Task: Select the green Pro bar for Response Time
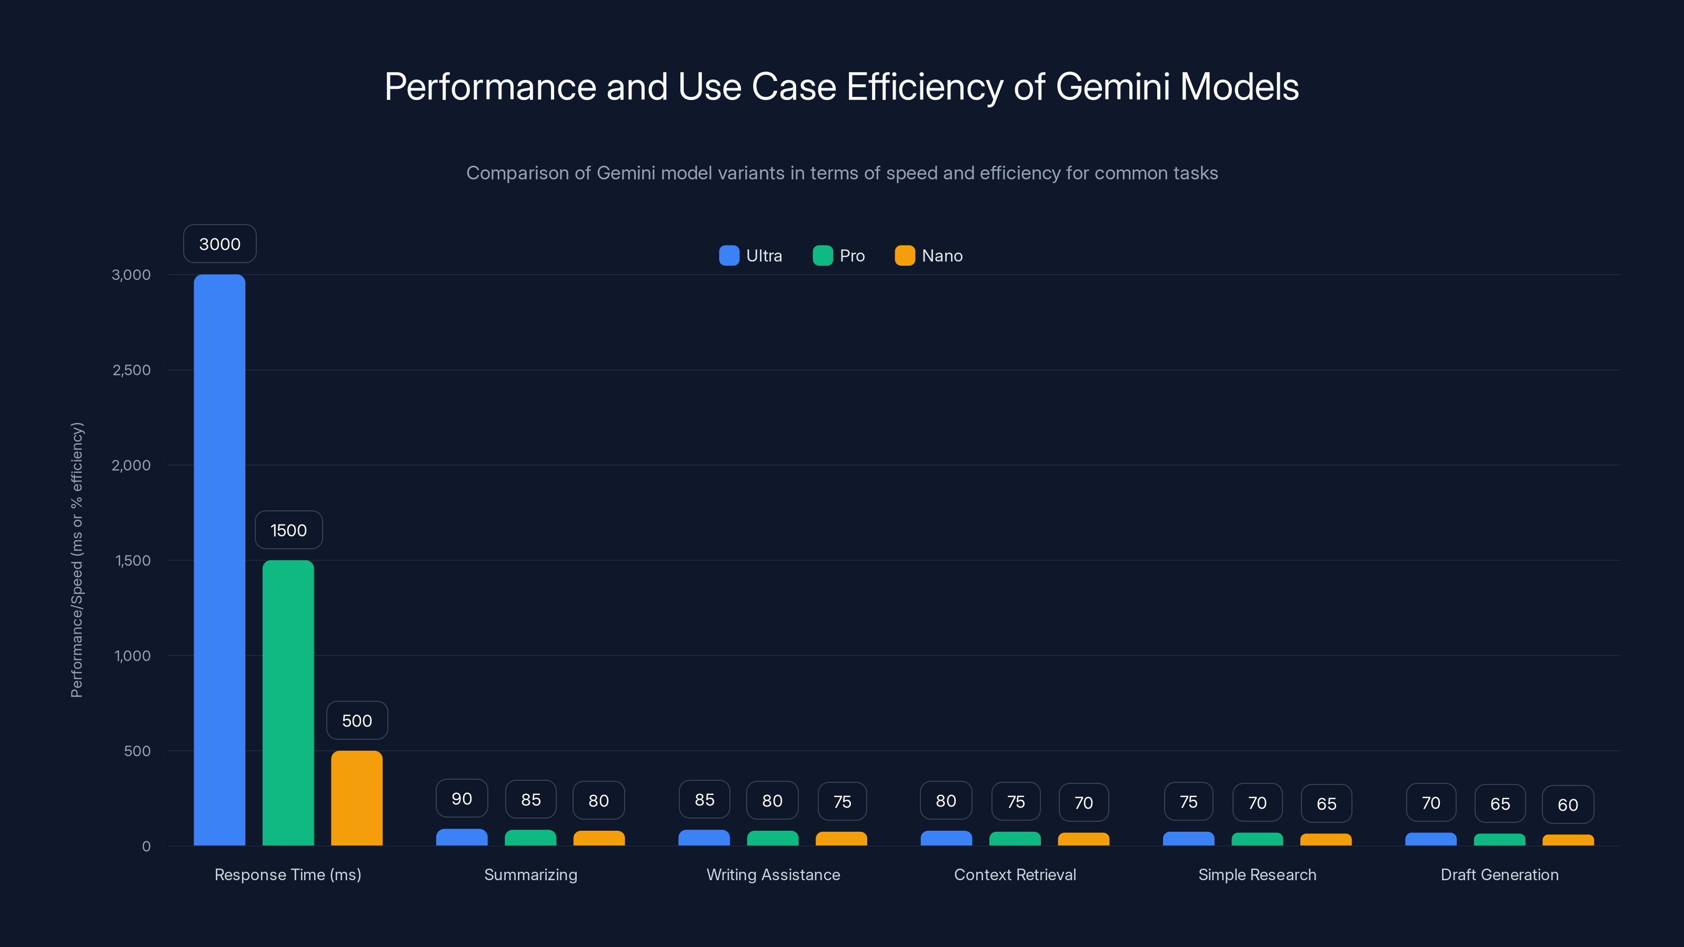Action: tap(288, 702)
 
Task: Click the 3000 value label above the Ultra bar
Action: tap(219, 244)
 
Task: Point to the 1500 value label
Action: tap(288, 530)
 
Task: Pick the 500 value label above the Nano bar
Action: tap(357, 720)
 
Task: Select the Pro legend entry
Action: tap(839, 256)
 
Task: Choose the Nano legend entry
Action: tap(928, 256)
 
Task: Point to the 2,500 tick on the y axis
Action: tap(132, 370)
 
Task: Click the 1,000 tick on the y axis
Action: tap(133, 656)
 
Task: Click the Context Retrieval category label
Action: tap(1015, 874)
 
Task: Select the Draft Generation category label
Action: tap(1500, 874)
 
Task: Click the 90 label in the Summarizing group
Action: tap(462, 799)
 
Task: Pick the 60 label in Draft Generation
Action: tap(1568, 804)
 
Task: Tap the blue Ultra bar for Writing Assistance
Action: tap(704, 838)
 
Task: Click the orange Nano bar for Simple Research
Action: tap(1326, 840)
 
